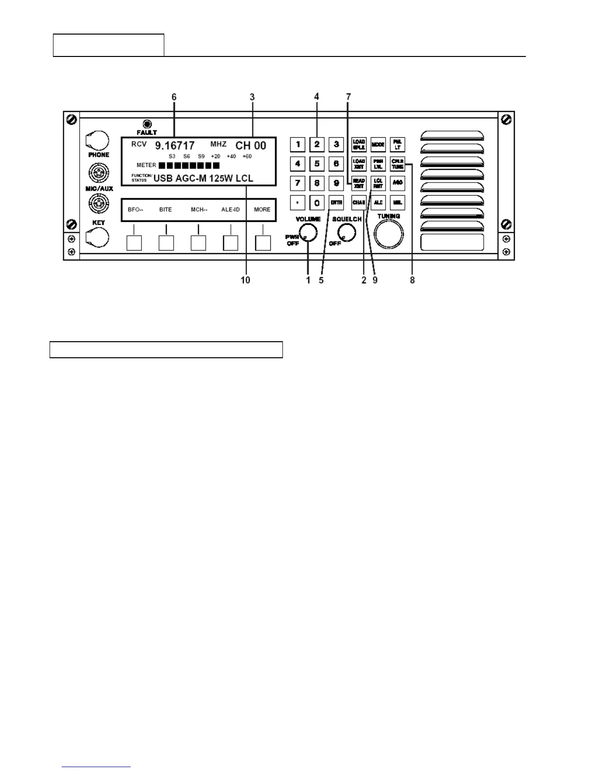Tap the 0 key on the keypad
click(x=317, y=202)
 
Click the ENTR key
click(x=336, y=202)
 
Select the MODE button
click(x=378, y=145)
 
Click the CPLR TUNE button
click(x=398, y=164)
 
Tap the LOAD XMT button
click(x=359, y=164)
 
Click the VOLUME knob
click(x=308, y=233)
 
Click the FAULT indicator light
click(x=147, y=124)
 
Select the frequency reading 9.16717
click(x=175, y=146)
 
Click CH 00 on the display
click(x=251, y=146)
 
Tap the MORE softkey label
click(x=262, y=210)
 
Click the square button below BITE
click(x=166, y=242)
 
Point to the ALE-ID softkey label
click(x=230, y=210)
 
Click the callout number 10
click(x=245, y=280)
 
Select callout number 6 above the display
click(x=174, y=97)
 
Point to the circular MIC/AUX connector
click(x=99, y=173)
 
